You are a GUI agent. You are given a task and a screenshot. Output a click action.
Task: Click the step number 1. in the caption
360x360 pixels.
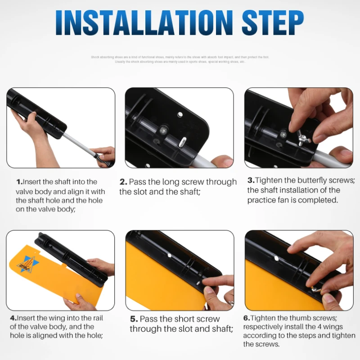coord(19,182)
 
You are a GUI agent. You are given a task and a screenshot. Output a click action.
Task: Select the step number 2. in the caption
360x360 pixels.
coord(123,182)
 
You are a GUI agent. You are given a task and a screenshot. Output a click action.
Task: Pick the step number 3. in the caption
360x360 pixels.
coord(251,180)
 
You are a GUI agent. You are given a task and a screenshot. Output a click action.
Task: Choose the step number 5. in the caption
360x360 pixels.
coord(134,319)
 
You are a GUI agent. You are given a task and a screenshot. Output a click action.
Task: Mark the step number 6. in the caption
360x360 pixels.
coord(247,318)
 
